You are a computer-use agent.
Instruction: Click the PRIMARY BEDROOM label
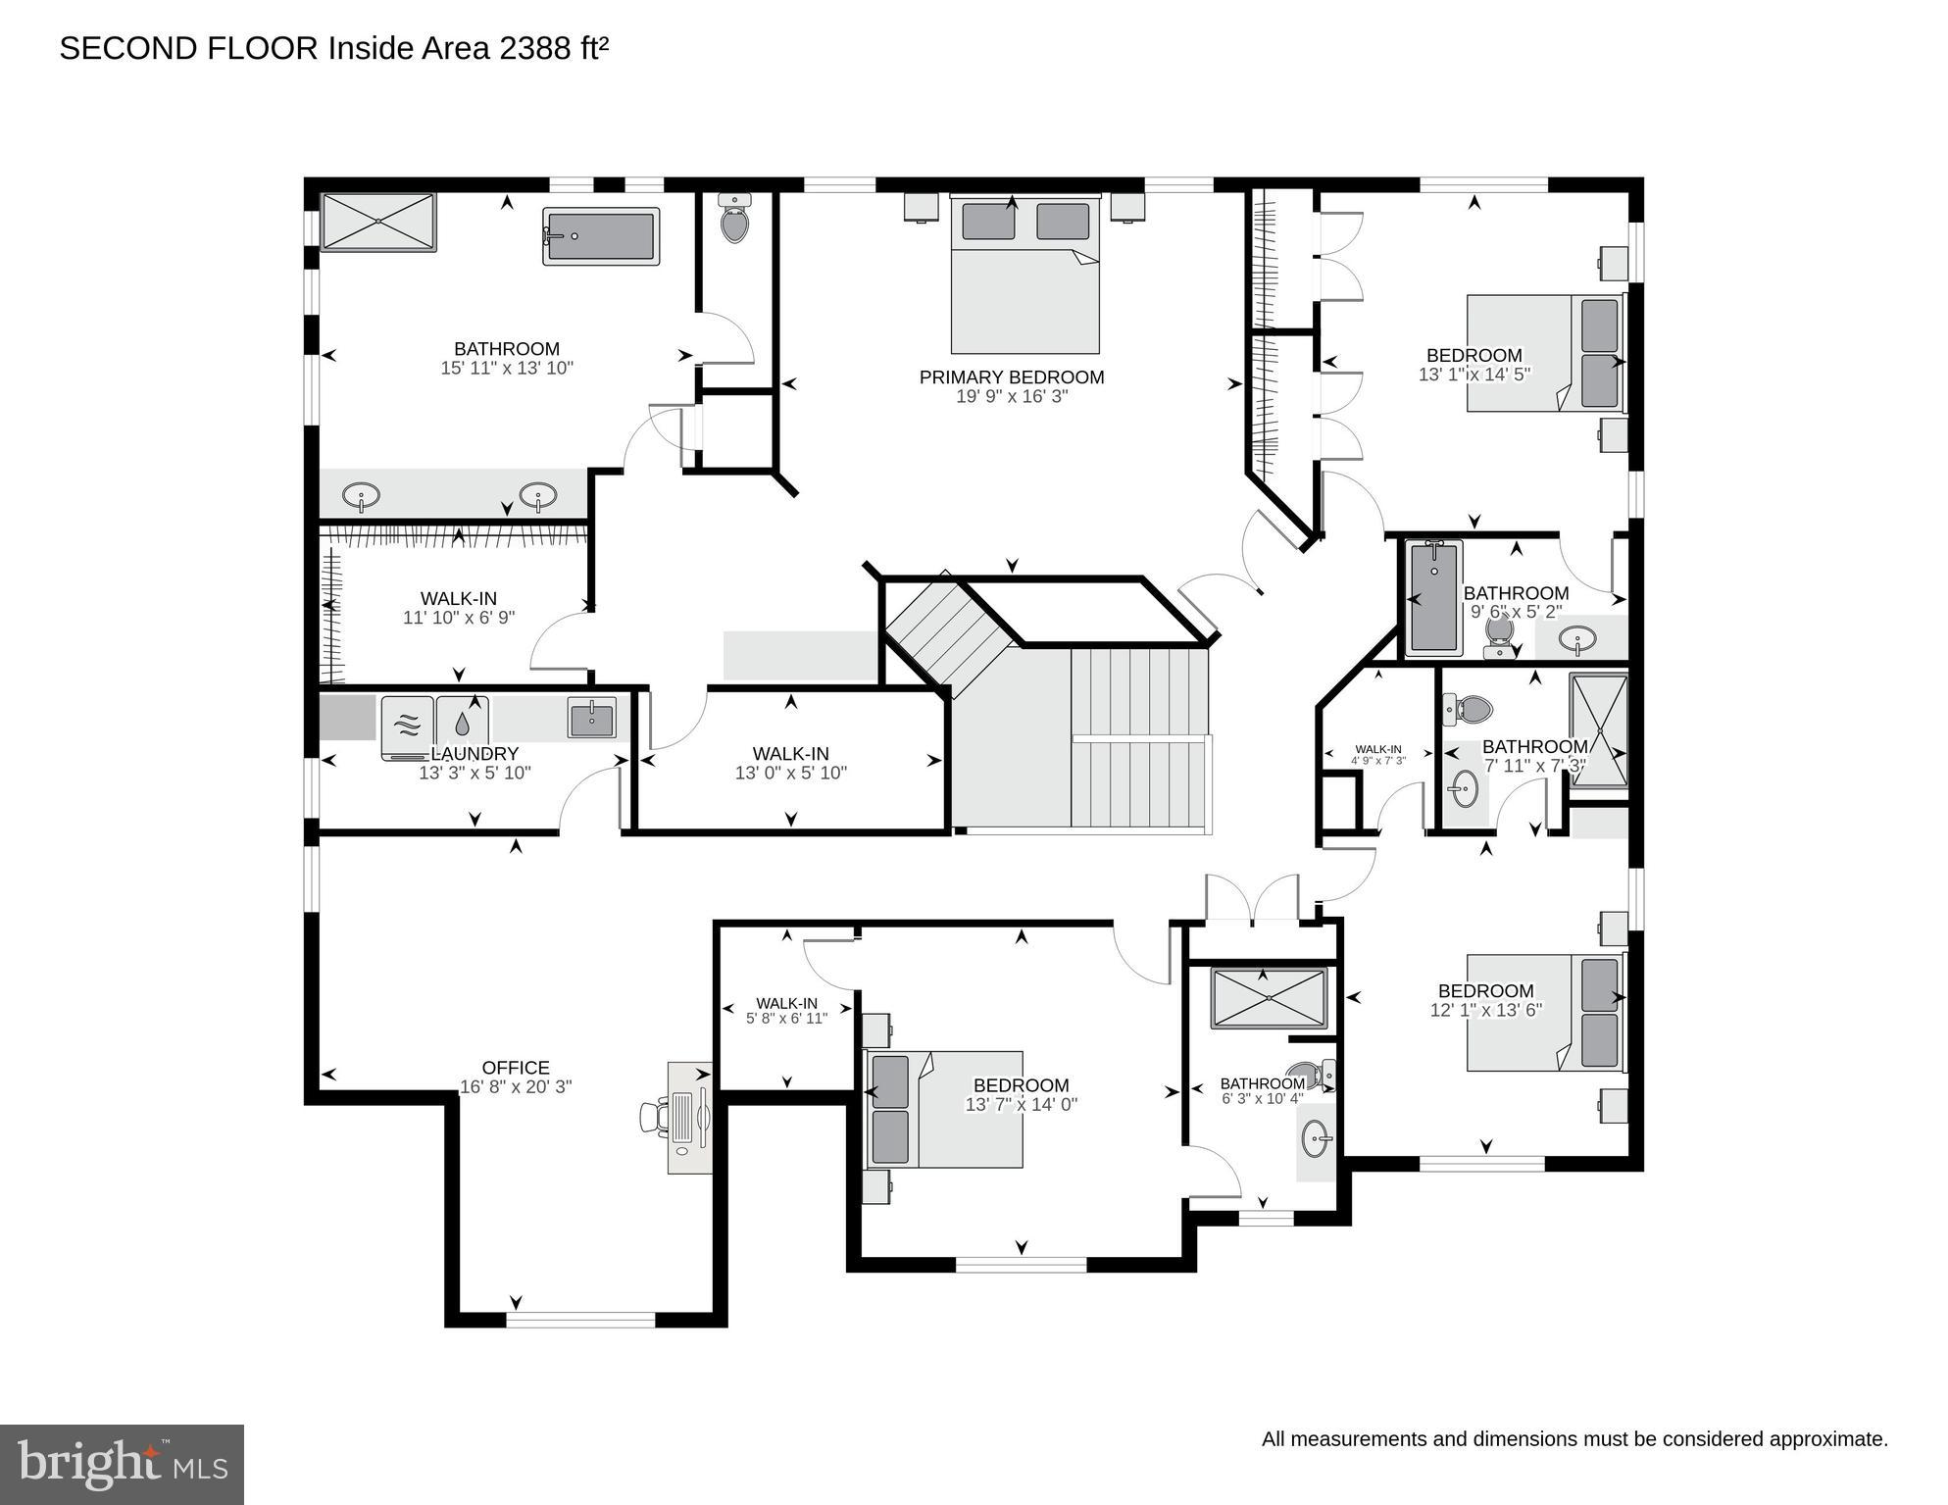click(1011, 377)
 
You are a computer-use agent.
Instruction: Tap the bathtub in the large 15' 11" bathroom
click(600, 236)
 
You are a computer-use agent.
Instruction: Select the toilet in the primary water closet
click(734, 220)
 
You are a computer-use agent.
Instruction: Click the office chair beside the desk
click(654, 1117)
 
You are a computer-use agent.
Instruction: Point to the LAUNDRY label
click(476, 754)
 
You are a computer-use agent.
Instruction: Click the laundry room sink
click(591, 718)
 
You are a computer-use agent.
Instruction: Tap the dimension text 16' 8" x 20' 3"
click(516, 1086)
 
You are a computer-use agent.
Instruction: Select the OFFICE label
click(516, 1068)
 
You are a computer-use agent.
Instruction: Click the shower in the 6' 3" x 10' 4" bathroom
click(1269, 998)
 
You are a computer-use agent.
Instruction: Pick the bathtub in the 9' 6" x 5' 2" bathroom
click(1433, 598)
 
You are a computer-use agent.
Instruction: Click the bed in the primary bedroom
click(1024, 276)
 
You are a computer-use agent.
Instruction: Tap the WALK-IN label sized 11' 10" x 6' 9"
click(458, 598)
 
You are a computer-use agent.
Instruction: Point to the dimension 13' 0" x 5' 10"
click(790, 773)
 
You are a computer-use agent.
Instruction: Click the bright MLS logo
click(122, 1465)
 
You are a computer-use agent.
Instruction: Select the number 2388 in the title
click(533, 48)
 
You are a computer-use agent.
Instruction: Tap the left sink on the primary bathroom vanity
click(362, 496)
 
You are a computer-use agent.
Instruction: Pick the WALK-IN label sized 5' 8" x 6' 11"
click(786, 1003)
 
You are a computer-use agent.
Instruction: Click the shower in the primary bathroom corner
click(377, 223)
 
